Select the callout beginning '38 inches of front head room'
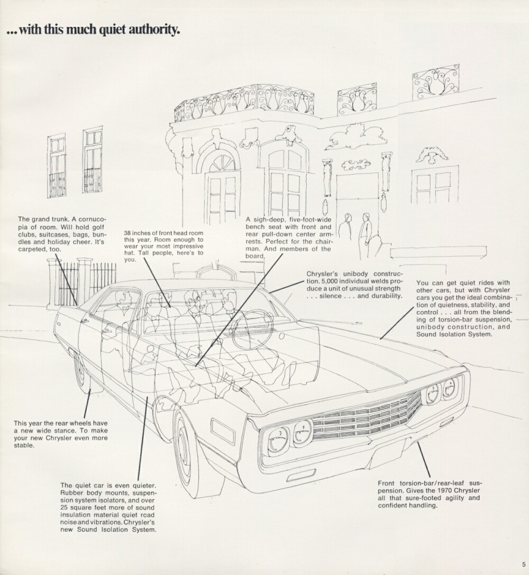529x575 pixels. click(x=163, y=246)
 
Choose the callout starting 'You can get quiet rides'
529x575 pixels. click(x=464, y=308)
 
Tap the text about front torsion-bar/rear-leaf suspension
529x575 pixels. click(x=430, y=494)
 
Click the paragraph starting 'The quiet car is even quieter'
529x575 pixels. click(x=108, y=508)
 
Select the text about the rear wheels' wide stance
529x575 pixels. click(x=60, y=434)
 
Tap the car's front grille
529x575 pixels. click(x=365, y=418)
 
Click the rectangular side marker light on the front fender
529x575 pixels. click(x=222, y=430)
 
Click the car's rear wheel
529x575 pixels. click(x=82, y=370)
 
